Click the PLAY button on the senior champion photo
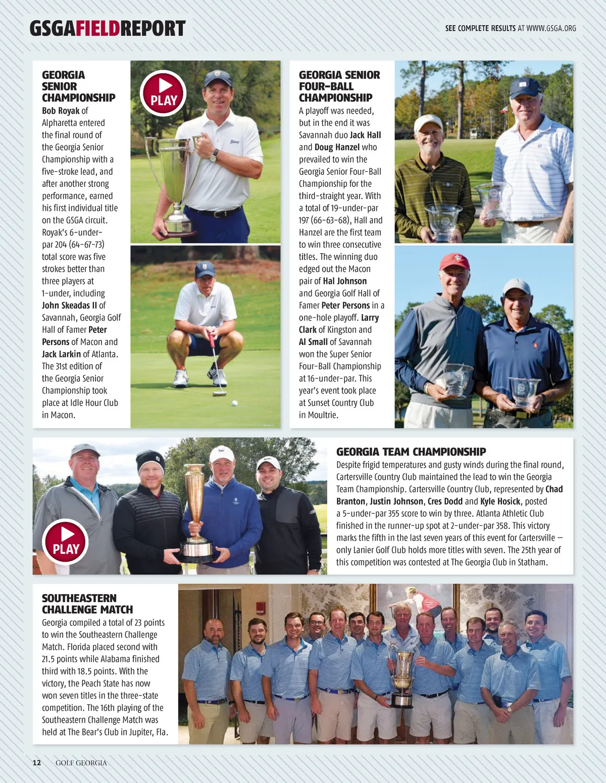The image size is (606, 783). [164, 93]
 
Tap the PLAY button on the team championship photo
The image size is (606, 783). [66, 542]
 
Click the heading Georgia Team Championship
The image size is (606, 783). [411, 452]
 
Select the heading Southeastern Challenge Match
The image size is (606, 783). [87, 604]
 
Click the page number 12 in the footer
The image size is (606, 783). [37, 763]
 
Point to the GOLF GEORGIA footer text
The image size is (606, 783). [81, 763]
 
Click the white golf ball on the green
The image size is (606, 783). [234, 403]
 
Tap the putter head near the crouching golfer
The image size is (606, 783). [220, 393]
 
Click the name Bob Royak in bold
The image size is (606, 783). [61, 111]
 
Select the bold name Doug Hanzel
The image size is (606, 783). [337, 147]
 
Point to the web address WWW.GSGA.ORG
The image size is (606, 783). [551, 28]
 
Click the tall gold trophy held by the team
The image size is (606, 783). [194, 510]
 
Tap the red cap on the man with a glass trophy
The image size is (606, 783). [454, 262]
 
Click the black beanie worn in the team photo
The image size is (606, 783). [150, 460]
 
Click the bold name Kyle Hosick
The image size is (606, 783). [500, 501]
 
